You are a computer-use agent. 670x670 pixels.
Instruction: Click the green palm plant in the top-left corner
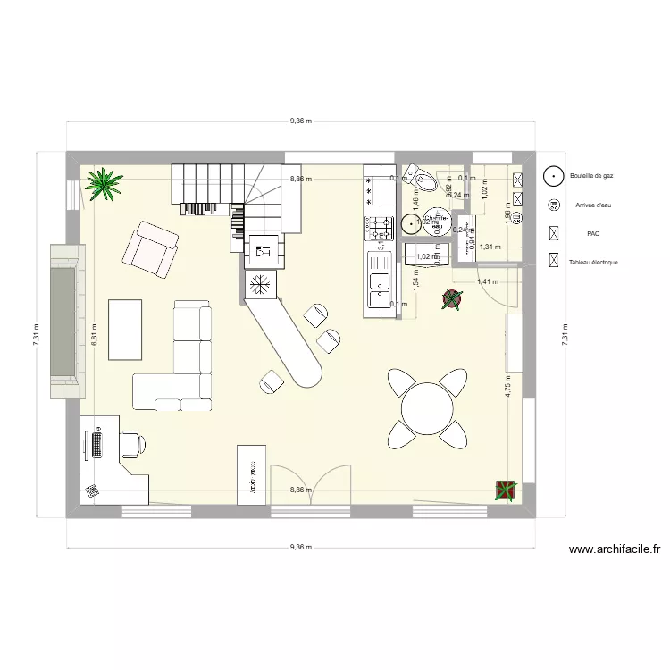105,185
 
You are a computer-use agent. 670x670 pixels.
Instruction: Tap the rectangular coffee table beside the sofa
125,329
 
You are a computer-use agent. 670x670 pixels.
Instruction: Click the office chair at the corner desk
134,441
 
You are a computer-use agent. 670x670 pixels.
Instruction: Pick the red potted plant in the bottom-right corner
507,489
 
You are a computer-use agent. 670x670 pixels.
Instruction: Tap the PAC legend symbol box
554,234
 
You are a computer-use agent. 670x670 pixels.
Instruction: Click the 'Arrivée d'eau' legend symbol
554,205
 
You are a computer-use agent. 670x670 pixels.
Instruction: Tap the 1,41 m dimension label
487,281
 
